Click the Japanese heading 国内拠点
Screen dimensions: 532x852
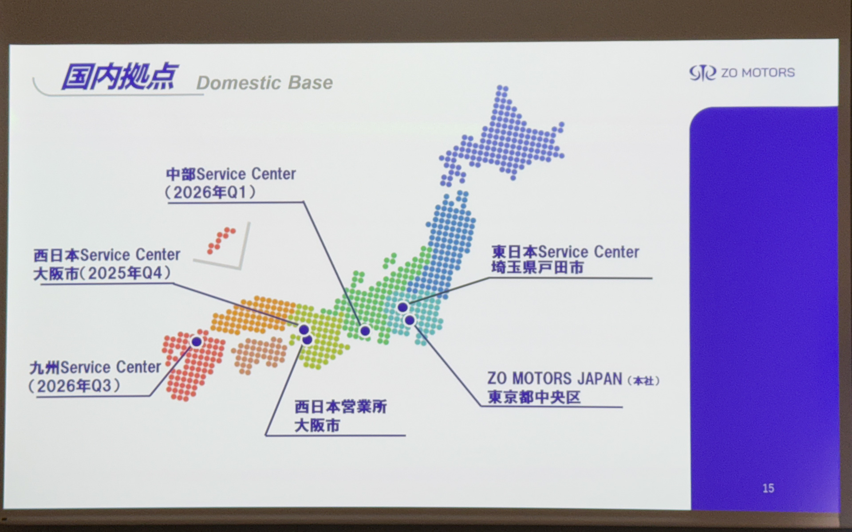click(x=119, y=77)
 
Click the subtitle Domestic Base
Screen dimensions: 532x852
click(x=264, y=83)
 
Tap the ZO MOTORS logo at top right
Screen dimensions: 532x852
click(x=742, y=73)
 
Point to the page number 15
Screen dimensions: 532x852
click(x=768, y=488)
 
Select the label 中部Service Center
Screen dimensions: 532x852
click(x=231, y=174)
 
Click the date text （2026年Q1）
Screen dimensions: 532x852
click(x=210, y=193)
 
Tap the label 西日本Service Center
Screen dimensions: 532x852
click(x=107, y=255)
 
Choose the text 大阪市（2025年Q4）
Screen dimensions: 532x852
click(x=103, y=273)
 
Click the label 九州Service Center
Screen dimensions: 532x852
click(x=95, y=368)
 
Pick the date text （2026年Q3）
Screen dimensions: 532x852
click(x=75, y=386)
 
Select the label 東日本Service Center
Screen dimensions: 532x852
click(x=565, y=252)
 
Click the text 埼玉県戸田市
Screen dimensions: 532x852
click(x=537, y=268)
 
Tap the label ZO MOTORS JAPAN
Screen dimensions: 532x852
click(x=555, y=379)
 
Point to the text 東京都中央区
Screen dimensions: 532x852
click(x=534, y=397)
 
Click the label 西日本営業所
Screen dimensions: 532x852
click(x=341, y=407)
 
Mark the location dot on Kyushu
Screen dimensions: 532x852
click(x=196, y=341)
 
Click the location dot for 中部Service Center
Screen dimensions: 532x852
click(x=365, y=331)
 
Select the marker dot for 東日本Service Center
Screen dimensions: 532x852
click(x=402, y=307)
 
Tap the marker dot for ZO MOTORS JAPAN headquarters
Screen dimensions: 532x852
click(x=410, y=320)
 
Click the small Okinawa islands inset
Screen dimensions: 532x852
click(x=221, y=241)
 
